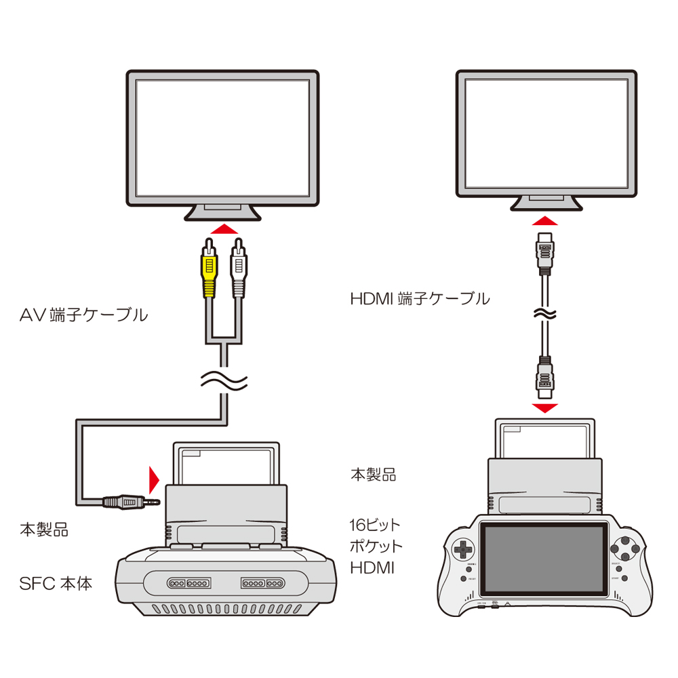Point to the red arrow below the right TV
click(544, 222)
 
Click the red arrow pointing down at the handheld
click(544, 407)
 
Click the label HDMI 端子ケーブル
click(420, 298)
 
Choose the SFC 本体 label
click(56, 582)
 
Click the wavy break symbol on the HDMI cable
click(544, 314)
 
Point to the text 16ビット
click(375, 525)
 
